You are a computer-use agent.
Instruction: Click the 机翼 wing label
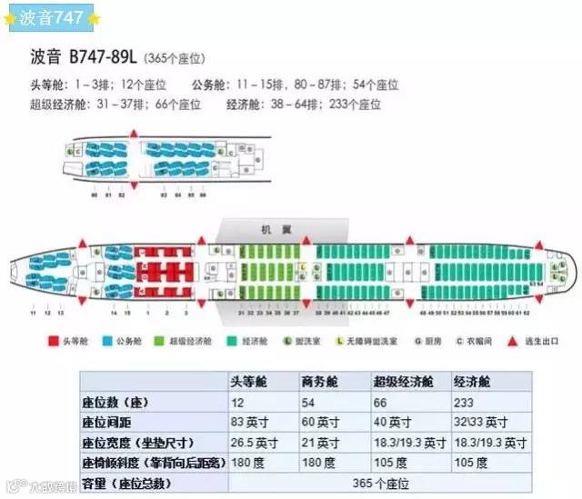point(272,231)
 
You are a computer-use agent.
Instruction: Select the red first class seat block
point(166,270)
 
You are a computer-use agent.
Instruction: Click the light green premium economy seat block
point(269,270)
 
